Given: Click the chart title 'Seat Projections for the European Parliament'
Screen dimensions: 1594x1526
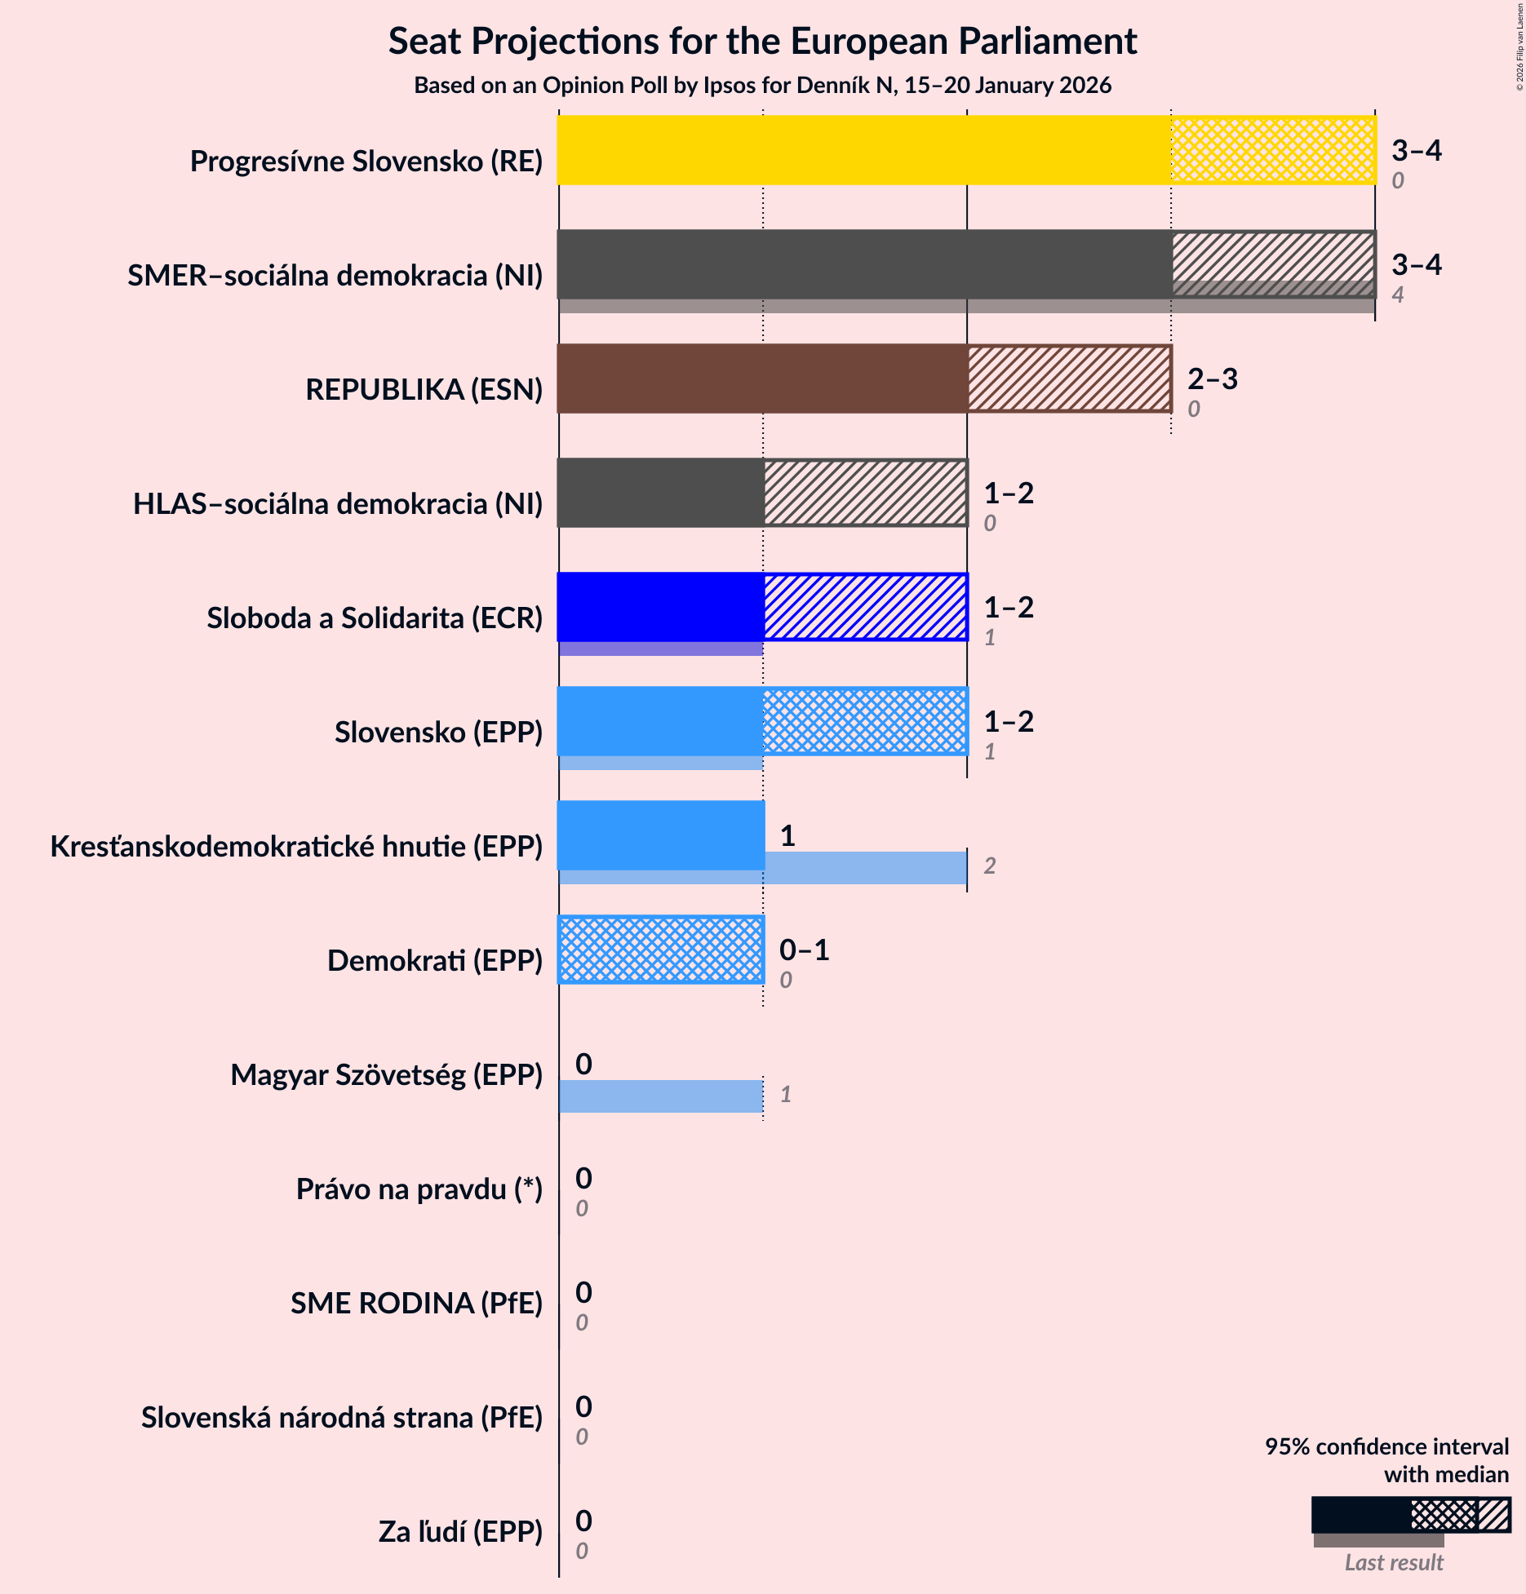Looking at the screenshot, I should (762, 42).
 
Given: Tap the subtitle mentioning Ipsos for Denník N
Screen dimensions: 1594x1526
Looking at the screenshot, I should (762, 86).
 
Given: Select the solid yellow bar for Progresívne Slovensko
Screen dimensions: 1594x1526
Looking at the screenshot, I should (863, 150).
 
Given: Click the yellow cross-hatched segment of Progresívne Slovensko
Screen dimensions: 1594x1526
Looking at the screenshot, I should (1273, 150).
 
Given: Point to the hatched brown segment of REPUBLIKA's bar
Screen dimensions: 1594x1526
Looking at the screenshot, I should (1069, 379).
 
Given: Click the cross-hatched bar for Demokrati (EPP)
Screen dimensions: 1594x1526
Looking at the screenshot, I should (661, 950).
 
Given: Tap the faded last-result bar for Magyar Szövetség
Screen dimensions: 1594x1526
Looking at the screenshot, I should (661, 1096).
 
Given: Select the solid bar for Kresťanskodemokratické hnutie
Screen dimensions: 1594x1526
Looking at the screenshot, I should (661, 835).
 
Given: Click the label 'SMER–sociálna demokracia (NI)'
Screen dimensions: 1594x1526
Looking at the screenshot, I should (335, 276).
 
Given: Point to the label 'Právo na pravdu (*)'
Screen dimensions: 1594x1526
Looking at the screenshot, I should (419, 1189).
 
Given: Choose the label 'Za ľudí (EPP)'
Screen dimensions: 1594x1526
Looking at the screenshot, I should (460, 1532).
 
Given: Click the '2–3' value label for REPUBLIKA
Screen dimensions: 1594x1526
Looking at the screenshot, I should (1212, 379).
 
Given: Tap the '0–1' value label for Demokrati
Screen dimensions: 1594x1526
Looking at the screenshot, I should (804, 950).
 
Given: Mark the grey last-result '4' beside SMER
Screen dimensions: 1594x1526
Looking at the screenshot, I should (1397, 294).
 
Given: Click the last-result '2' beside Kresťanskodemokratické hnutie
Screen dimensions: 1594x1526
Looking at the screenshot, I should (989, 866).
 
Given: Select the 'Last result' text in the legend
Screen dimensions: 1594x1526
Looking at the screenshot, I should (1394, 1562).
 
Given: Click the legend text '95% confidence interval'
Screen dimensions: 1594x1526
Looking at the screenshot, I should (1386, 1446).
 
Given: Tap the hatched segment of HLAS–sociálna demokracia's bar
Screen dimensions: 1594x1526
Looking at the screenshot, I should (865, 493).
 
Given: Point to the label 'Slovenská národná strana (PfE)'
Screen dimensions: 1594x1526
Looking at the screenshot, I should (342, 1418).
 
